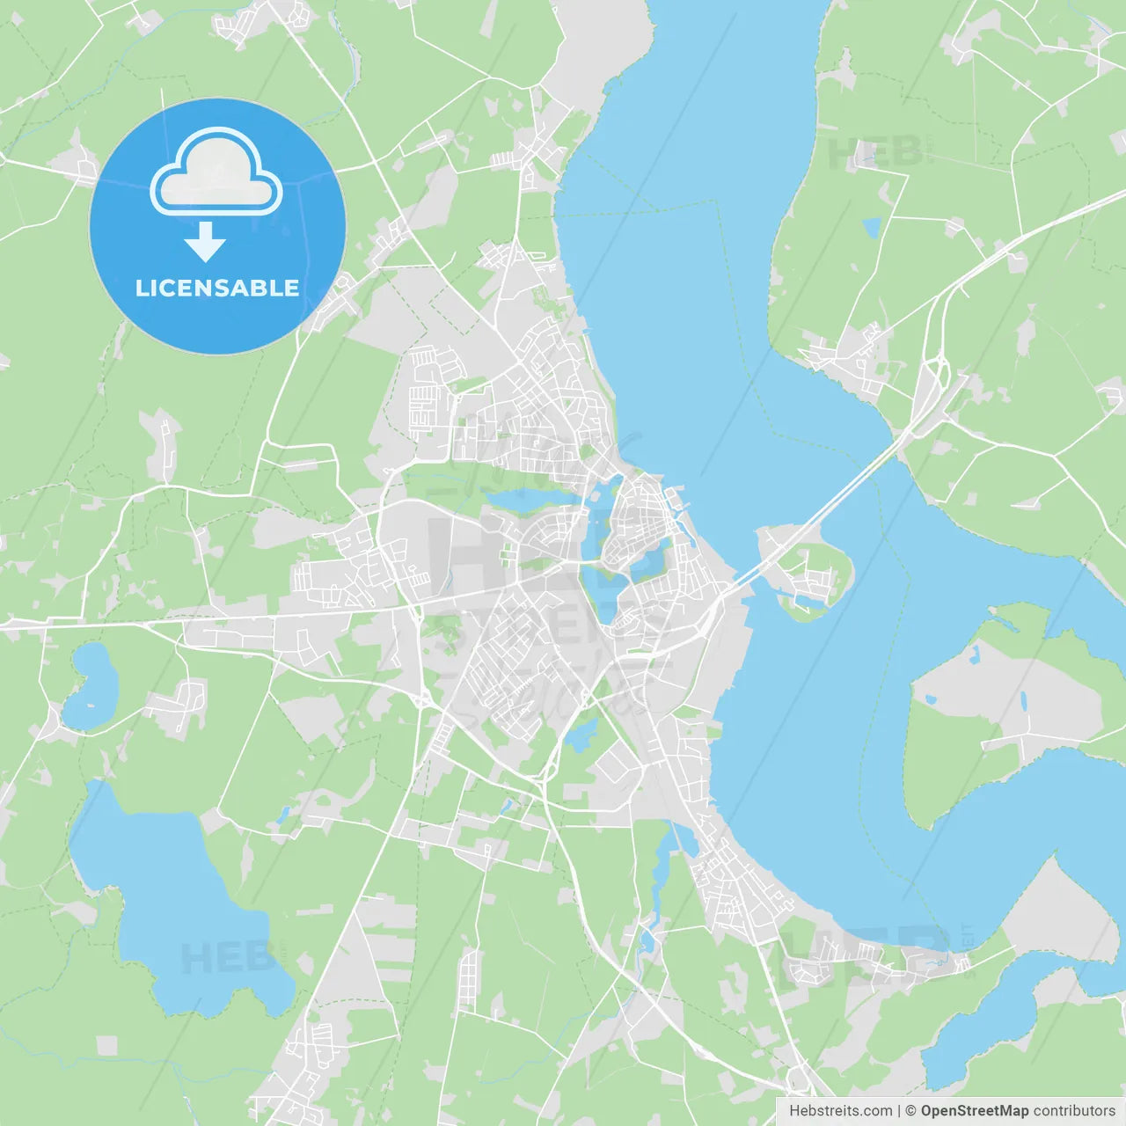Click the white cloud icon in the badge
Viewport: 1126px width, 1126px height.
(x=216, y=172)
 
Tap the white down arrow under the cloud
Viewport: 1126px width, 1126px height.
(x=205, y=242)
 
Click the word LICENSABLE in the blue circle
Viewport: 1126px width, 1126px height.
(x=217, y=289)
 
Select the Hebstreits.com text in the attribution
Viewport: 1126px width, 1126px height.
(x=841, y=1110)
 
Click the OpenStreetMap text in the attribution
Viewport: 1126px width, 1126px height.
(x=975, y=1110)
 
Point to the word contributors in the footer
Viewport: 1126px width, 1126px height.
(x=1074, y=1110)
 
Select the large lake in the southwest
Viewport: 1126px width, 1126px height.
(x=176, y=906)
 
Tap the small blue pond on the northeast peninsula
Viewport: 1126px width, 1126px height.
(x=871, y=229)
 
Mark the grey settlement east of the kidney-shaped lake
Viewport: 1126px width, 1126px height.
(x=180, y=704)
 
